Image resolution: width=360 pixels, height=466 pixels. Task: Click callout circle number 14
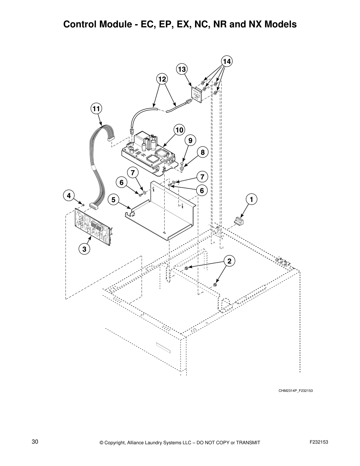click(226, 61)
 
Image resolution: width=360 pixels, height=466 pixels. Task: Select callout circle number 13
click(182, 69)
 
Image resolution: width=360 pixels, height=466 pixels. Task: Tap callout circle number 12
click(162, 79)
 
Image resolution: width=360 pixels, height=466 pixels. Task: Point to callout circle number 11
click(96, 109)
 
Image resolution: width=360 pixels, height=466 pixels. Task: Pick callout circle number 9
click(190, 141)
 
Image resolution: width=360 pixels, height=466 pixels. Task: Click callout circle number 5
click(113, 200)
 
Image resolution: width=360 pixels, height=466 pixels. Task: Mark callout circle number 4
click(68, 195)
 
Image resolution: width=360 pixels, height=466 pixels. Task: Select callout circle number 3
click(84, 249)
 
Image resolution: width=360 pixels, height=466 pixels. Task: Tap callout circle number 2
click(229, 261)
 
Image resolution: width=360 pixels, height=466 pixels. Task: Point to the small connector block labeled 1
click(238, 221)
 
